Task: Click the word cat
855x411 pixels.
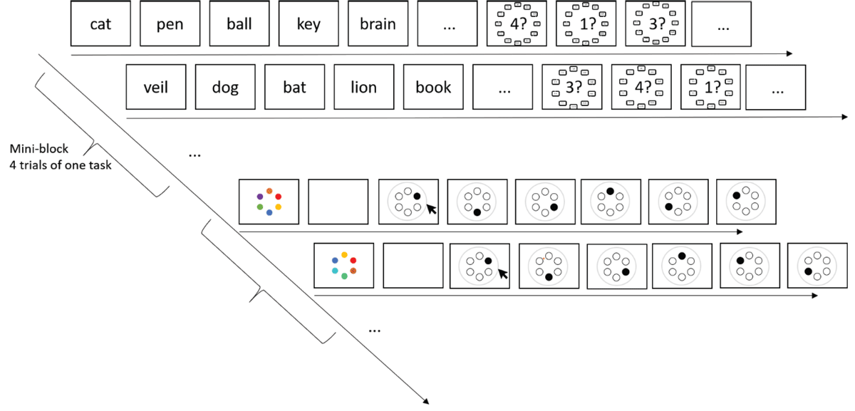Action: point(100,24)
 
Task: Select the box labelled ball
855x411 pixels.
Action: point(239,24)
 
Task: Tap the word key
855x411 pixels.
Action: point(308,24)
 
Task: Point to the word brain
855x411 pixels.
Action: point(377,24)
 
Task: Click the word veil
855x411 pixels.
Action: point(155,88)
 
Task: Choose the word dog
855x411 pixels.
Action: point(224,88)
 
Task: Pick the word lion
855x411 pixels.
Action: point(363,88)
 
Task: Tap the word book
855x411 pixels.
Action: point(433,88)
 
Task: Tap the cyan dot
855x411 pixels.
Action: point(334,271)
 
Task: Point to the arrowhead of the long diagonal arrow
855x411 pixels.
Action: point(426,400)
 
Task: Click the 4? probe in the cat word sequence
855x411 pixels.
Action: point(517,25)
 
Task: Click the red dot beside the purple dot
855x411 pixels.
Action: point(279,197)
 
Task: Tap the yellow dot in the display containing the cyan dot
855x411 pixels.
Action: point(344,254)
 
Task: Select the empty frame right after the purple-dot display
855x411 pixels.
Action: point(338,202)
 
